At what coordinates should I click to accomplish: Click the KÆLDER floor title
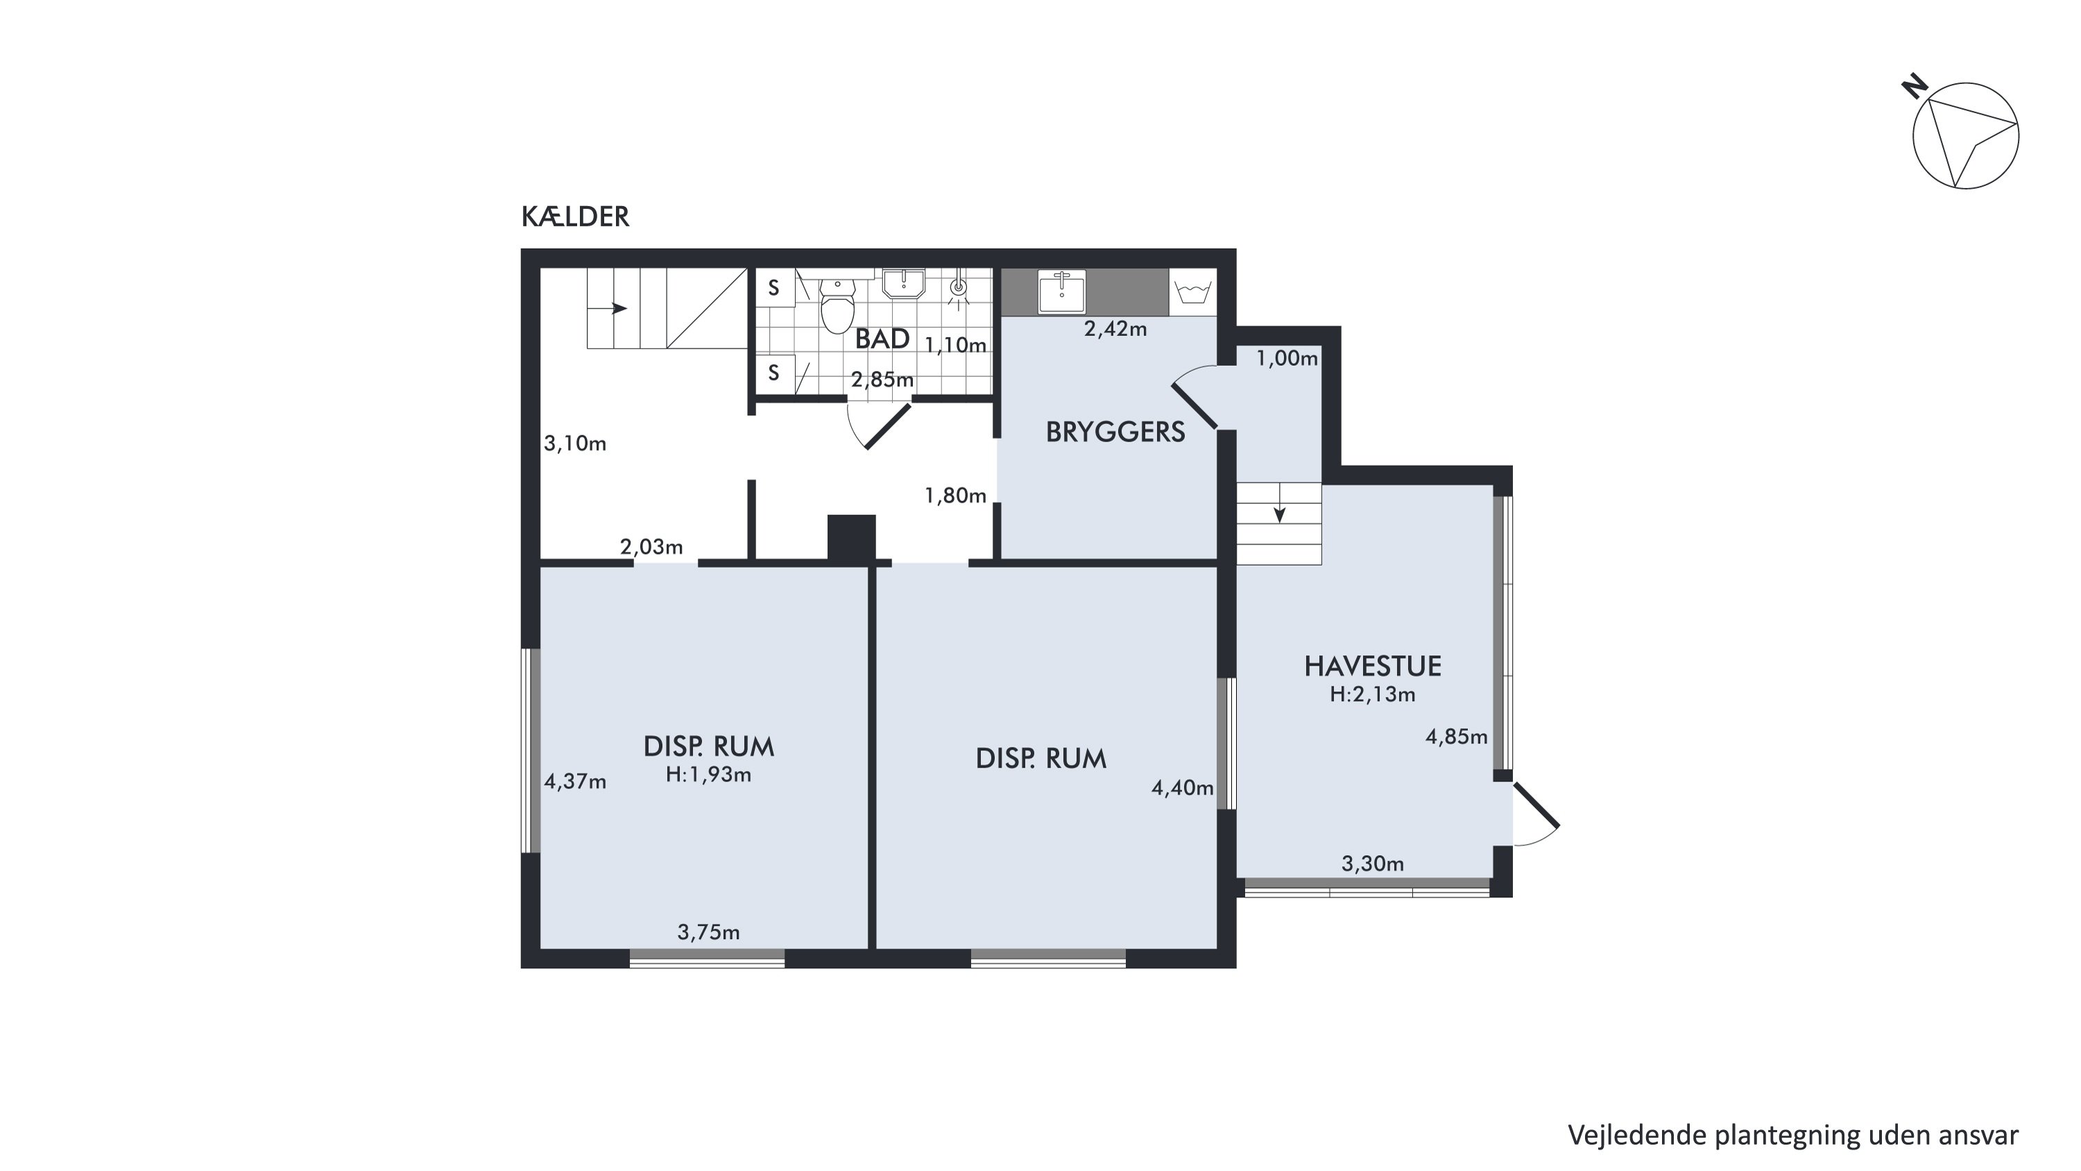[574, 217]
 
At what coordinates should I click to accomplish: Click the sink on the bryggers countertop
[1061, 291]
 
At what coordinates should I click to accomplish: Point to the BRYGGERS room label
[1115, 432]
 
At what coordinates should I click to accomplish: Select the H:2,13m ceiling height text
[1373, 694]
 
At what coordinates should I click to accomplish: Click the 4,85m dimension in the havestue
[1457, 737]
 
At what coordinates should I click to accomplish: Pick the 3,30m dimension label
[1373, 864]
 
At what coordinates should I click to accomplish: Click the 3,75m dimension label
[708, 933]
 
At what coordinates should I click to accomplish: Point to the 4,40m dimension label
[1183, 788]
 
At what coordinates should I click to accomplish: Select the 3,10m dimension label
[575, 444]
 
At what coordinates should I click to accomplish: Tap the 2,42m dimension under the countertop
[1115, 329]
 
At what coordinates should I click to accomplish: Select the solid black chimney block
[851, 538]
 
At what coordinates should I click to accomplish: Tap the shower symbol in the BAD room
[958, 289]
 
